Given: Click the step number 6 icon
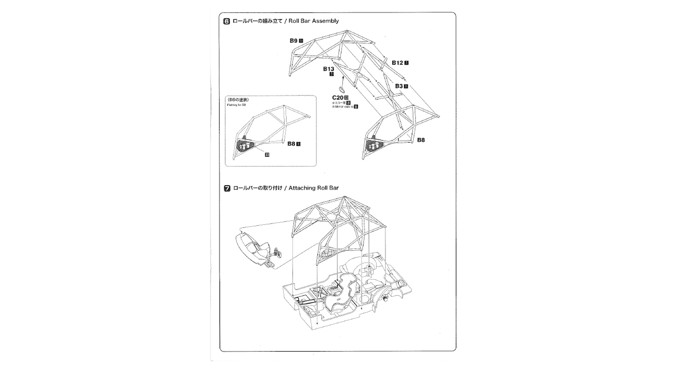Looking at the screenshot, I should (227, 21).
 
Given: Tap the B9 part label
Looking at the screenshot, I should (293, 41).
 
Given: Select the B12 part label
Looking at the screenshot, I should (397, 63).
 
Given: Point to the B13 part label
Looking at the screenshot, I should (329, 69).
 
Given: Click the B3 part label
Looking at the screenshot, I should (399, 86).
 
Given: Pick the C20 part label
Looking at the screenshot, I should (337, 98).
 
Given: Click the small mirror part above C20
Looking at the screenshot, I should (341, 89).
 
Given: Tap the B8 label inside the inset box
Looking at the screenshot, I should (291, 144).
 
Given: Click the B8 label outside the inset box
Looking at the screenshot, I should (421, 140).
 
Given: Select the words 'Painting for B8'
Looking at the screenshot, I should (236, 105).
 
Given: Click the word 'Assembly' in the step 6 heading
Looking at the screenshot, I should (325, 21).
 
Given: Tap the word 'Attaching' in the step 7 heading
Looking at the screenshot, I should (302, 188).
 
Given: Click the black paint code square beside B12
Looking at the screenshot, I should (406, 63).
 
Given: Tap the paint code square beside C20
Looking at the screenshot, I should (346, 98).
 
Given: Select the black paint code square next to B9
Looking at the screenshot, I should (301, 41).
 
